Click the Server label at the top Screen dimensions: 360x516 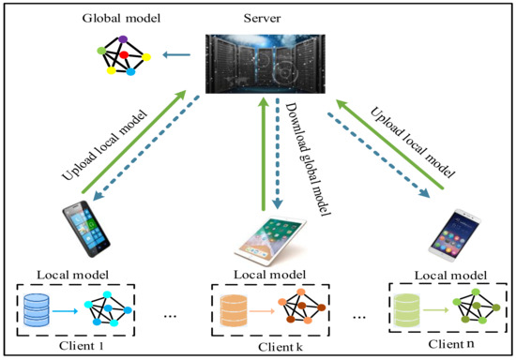click(262, 18)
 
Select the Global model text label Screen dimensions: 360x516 click(120, 18)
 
